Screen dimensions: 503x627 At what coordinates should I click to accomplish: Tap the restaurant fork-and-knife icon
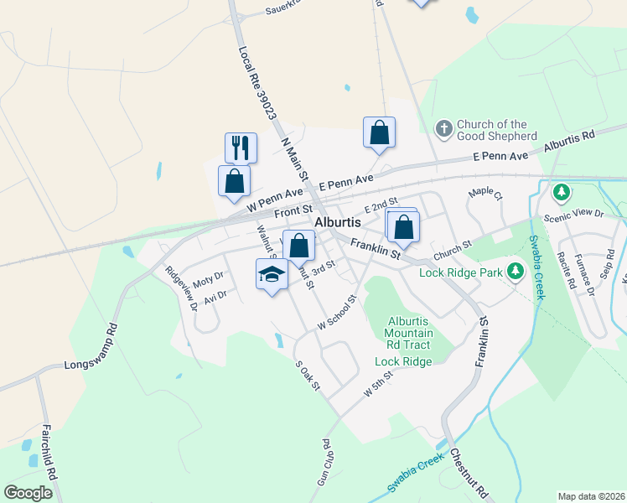coord(241,148)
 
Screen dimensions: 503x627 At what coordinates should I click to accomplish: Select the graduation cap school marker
coord(271,274)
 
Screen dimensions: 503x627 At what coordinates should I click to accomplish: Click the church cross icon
coord(443,129)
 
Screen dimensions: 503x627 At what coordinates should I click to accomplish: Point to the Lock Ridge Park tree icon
coord(516,272)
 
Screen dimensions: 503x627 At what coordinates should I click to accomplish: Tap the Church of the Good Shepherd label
coord(497,130)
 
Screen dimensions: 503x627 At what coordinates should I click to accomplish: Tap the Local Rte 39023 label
coord(257,81)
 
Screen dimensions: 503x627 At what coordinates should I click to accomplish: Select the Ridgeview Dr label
coord(181,288)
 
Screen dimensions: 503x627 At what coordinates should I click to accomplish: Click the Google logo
coord(28,492)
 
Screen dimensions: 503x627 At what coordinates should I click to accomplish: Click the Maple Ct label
coord(484,193)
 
